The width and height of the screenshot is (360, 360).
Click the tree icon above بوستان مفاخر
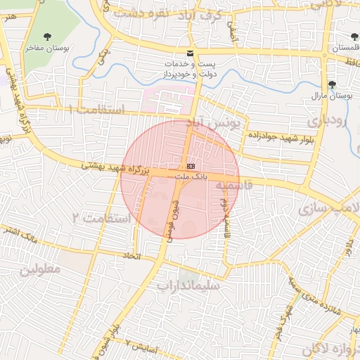point(48,37)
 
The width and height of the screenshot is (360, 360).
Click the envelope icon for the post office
point(189,53)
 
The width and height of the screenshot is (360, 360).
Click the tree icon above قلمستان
point(352,36)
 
